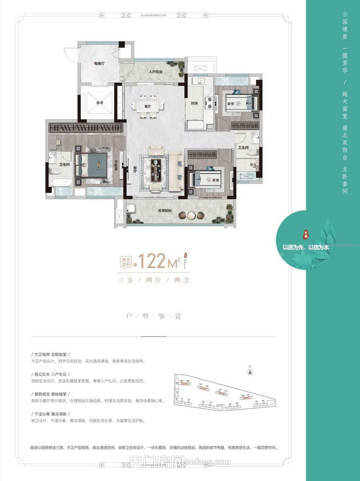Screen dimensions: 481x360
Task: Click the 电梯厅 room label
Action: pyautogui.click(x=99, y=63)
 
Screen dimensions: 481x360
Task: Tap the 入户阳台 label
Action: pyautogui.click(x=156, y=72)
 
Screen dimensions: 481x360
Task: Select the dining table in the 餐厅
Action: pyautogui.click(x=147, y=106)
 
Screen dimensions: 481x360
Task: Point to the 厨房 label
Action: pyautogui.click(x=194, y=103)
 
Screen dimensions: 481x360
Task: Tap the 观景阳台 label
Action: pyautogui.click(x=165, y=210)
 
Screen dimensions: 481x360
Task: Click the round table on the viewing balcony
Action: pyautogui.click(x=191, y=215)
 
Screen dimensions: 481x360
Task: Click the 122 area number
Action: pyautogui.click(x=152, y=261)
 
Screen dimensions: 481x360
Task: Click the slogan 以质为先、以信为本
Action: pyautogui.click(x=306, y=248)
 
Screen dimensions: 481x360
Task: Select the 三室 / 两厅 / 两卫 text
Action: pyautogui.click(x=154, y=280)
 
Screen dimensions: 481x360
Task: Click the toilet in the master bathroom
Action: pyautogui.click(x=55, y=170)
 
